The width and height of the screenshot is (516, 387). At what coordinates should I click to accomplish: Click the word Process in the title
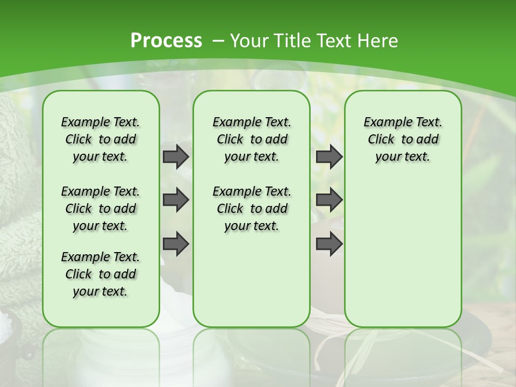point(166,41)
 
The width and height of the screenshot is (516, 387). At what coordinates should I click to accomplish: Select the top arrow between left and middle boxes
point(176,156)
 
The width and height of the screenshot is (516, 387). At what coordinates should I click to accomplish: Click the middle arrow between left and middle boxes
point(176,200)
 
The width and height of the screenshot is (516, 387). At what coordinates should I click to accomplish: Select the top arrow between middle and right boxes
point(329,156)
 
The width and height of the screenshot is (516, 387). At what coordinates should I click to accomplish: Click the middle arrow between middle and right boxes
point(329,200)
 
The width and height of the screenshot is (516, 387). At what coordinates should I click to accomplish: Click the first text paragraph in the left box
point(101,139)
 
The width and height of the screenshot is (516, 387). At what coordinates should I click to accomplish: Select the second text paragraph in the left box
point(101,209)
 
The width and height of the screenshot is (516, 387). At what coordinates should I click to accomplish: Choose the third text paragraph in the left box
point(101,274)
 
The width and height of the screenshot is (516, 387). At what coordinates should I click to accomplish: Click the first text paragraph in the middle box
point(252,139)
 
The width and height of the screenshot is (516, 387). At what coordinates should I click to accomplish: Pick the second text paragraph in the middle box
point(252,209)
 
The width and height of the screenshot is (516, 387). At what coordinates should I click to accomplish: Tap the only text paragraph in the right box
point(403,139)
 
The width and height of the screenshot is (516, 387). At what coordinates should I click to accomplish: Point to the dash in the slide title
point(219,41)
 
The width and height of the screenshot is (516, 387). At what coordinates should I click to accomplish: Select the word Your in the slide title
point(249,41)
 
